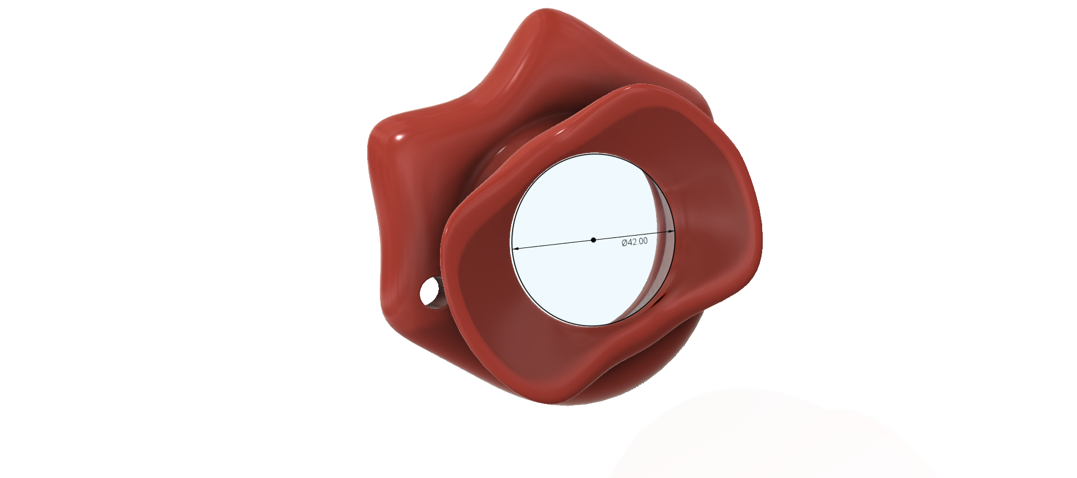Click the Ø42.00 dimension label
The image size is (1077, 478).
[x=635, y=241]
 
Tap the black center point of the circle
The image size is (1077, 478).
[x=593, y=240]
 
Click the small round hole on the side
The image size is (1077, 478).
[x=430, y=292]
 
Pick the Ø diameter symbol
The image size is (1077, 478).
[x=625, y=242]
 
